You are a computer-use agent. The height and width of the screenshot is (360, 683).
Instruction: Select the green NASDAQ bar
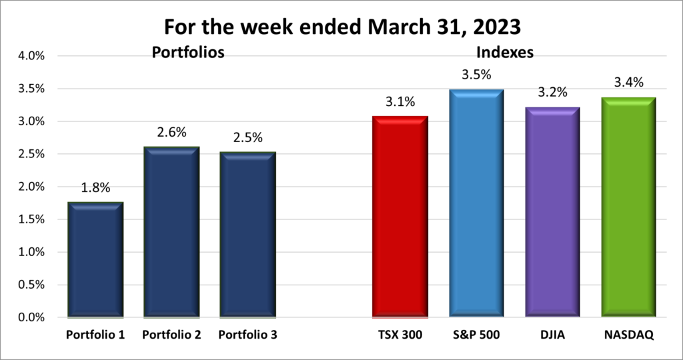(x=628, y=206)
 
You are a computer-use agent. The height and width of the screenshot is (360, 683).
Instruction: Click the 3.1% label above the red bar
(x=400, y=102)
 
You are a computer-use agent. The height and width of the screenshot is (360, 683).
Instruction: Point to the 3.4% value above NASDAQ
(x=628, y=83)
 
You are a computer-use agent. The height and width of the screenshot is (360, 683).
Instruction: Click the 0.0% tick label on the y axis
(x=30, y=317)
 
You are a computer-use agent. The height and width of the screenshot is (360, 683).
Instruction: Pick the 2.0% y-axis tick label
(x=30, y=187)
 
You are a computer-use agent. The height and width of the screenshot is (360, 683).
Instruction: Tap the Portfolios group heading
(x=187, y=52)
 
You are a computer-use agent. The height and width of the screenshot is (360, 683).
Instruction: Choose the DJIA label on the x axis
(x=552, y=335)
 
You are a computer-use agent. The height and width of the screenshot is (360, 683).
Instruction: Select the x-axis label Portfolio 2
(x=171, y=335)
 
